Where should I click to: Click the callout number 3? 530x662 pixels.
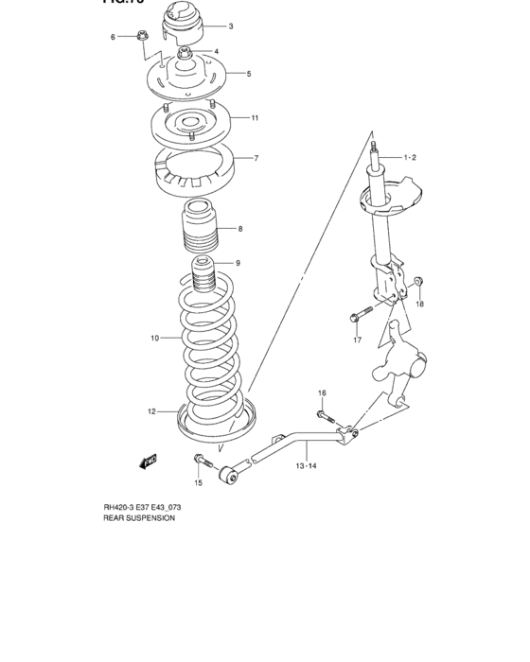(230, 26)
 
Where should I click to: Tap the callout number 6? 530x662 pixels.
(113, 37)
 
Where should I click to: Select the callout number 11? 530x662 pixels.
(255, 118)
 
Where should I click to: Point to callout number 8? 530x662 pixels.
(240, 229)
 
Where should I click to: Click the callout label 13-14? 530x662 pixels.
(305, 466)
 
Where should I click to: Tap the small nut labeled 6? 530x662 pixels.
(140, 37)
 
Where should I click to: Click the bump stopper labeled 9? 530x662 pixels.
(203, 273)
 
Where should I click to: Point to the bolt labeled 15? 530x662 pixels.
(202, 461)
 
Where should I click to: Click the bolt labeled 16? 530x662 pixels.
(325, 413)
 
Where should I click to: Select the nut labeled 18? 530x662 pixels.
(419, 282)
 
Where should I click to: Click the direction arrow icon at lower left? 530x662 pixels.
(148, 461)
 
